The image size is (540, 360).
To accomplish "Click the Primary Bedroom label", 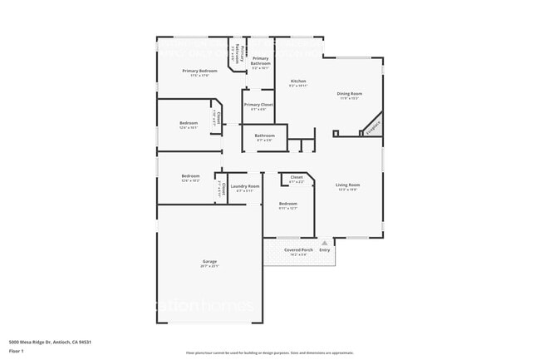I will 199,71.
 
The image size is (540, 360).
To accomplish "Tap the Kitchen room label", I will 297,81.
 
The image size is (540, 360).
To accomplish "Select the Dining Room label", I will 349,94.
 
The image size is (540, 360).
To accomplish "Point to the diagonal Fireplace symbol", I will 371,124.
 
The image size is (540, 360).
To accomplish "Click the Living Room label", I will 347,185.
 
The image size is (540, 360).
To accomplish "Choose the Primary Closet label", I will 258,105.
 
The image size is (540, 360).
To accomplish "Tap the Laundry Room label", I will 245,186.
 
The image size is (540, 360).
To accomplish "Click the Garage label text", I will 209,262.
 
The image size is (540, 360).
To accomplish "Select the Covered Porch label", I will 298,249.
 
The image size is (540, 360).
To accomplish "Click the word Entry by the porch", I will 324,249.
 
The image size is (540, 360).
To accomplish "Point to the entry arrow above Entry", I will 324,242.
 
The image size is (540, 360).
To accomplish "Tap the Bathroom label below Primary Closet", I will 264,136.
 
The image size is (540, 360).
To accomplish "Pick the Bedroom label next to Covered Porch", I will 287,204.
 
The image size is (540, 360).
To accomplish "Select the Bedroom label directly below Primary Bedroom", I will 189,123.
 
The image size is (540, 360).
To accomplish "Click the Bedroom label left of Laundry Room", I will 191,176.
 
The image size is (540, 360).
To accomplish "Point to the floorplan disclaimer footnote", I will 269,353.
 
